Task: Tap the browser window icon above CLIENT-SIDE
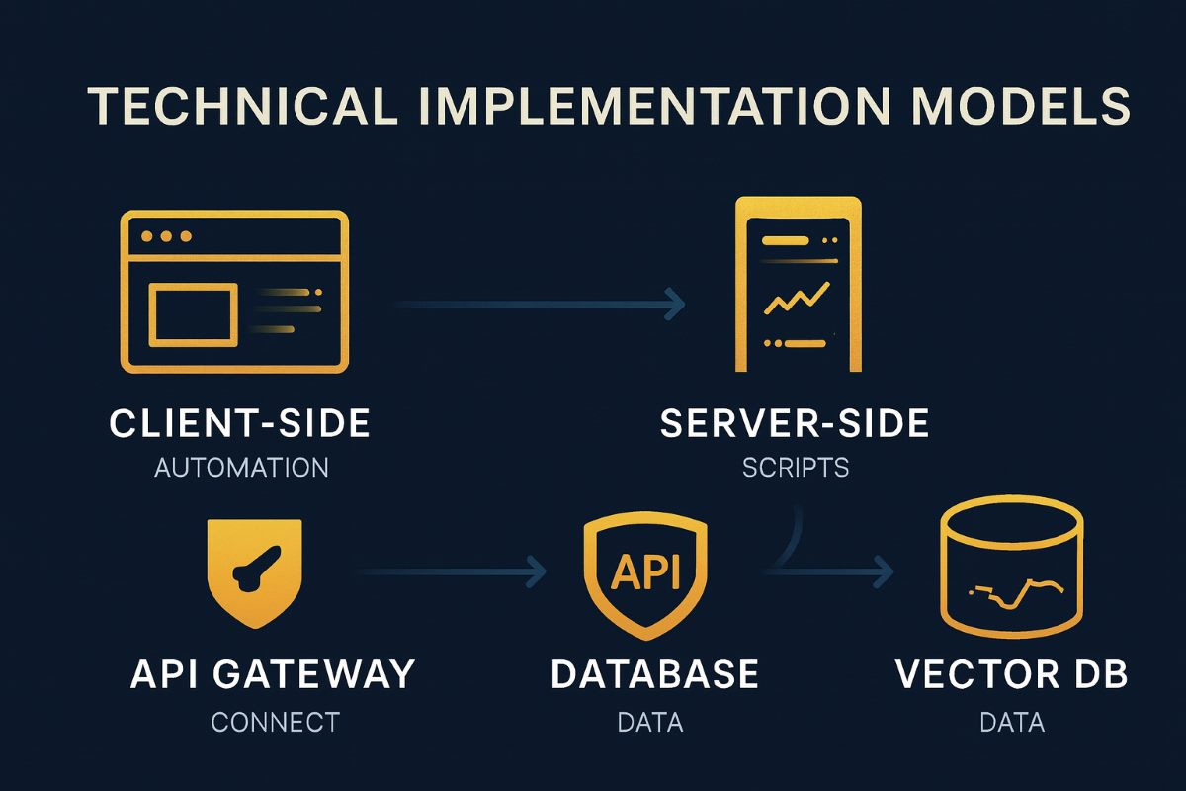(233, 292)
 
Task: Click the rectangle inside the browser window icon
(192, 313)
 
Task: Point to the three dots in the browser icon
(166, 237)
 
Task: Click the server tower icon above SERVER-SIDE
(799, 285)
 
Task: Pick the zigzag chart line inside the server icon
(796, 298)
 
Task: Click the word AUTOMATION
(241, 467)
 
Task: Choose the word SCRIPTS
(796, 467)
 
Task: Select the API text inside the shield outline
(646, 573)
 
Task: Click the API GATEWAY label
(273, 674)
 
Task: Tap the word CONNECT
(275, 722)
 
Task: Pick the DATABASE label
(654, 674)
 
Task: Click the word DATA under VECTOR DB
(1012, 722)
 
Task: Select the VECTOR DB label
(1012, 674)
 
